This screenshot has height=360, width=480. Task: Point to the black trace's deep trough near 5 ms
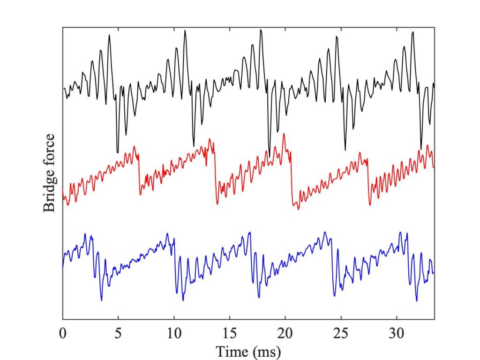click(117, 151)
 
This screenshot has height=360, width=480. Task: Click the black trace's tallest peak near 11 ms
click(186, 32)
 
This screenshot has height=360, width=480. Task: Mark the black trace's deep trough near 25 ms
click(345, 150)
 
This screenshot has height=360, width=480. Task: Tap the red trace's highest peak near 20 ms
click(284, 135)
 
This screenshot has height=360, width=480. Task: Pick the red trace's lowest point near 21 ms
click(298, 209)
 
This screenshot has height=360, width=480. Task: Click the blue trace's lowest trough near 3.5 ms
click(101, 300)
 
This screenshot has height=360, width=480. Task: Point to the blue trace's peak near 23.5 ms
click(324, 232)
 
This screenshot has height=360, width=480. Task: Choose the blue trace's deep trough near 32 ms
click(417, 300)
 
